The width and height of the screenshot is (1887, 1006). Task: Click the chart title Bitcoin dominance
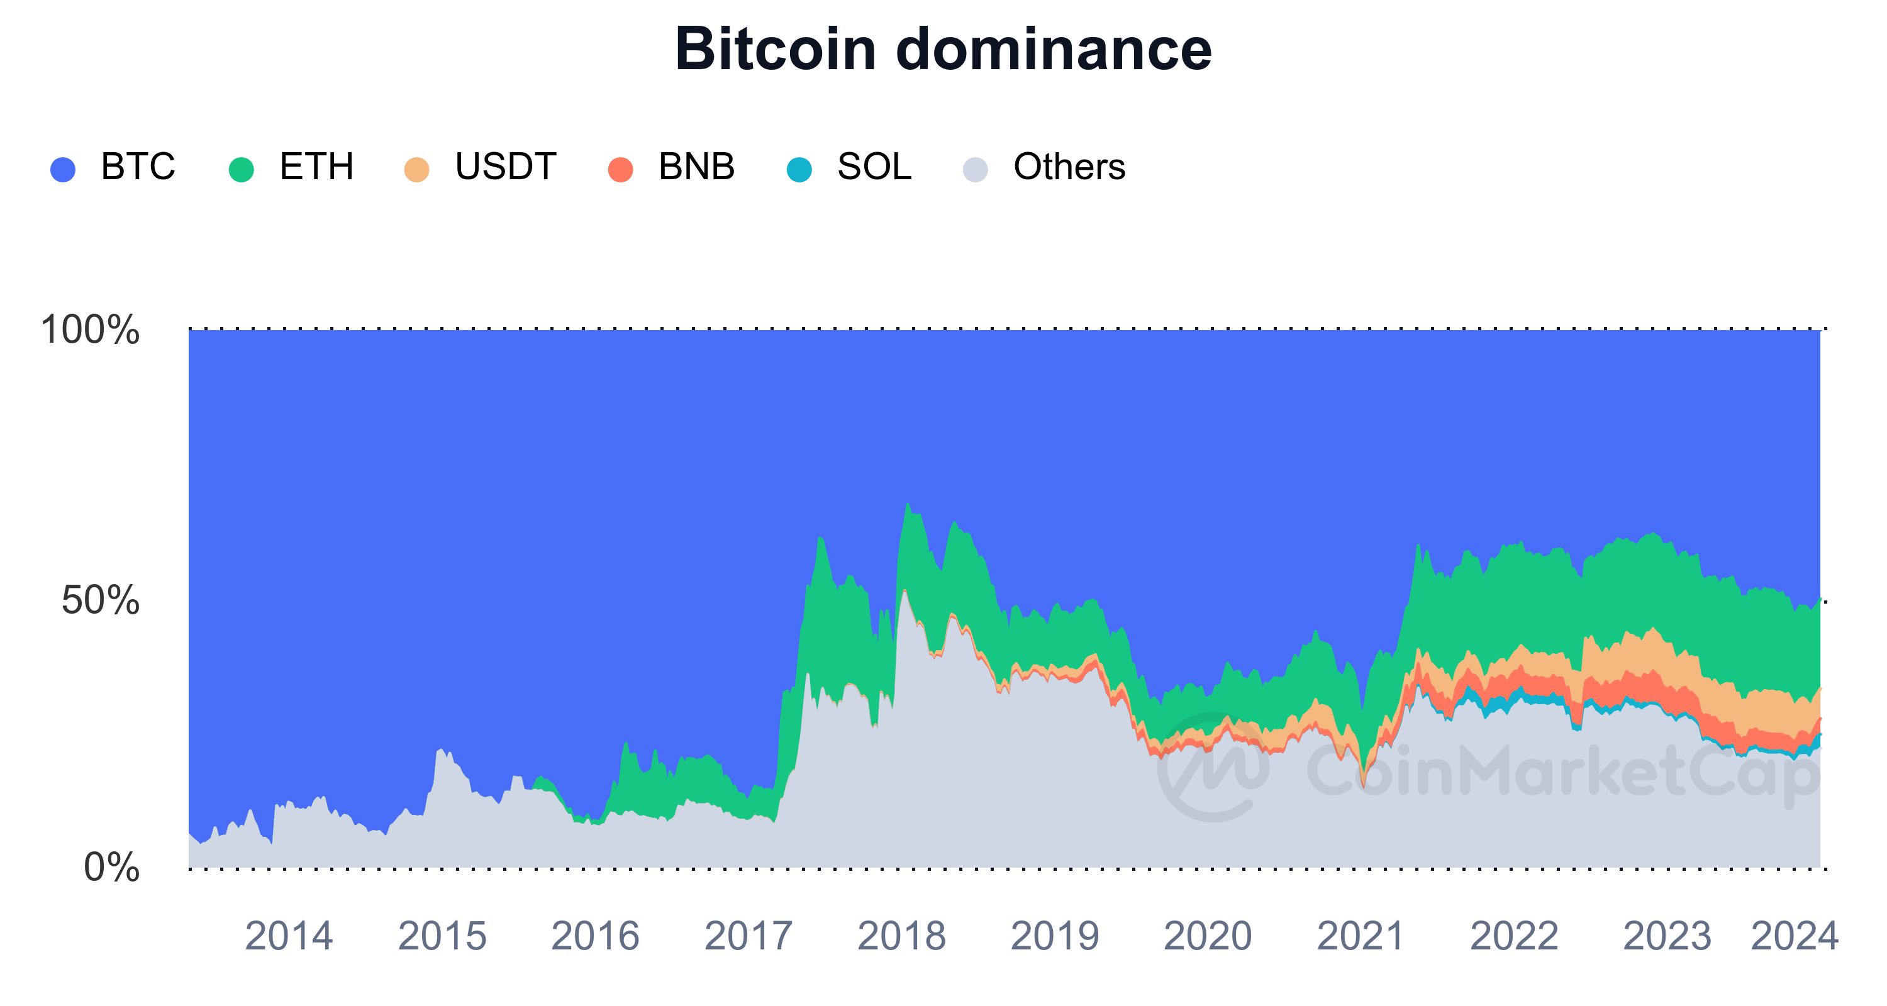(x=943, y=50)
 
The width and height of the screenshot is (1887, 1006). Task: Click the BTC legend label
(x=138, y=167)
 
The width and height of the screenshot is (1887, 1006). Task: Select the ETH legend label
(x=316, y=167)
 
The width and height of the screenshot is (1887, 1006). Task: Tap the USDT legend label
(x=506, y=167)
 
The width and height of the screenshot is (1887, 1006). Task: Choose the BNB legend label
(x=696, y=167)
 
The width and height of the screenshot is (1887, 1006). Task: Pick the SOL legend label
(x=874, y=167)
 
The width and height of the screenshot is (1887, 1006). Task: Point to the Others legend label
(x=1069, y=167)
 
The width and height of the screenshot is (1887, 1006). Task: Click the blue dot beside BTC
(x=63, y=170)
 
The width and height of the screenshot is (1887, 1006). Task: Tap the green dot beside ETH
(x=241, y=170)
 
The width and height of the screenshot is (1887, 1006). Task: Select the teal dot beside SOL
(x=799, y=170)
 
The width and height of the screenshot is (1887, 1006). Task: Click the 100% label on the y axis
(x=90, y=330)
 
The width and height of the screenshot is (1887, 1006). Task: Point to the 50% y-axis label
(x=101, y=601)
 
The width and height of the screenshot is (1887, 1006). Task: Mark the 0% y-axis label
(x=111, y=868)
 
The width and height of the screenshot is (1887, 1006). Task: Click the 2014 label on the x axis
(x=289, y=936)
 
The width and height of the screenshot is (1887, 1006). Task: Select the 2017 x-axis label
(x=748, y=936)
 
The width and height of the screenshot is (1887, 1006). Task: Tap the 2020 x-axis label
(x=1207, y=936)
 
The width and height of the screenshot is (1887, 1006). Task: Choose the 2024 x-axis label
(x=1794, y=936)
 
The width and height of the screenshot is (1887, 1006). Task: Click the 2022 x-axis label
(x=1513, y=936)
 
